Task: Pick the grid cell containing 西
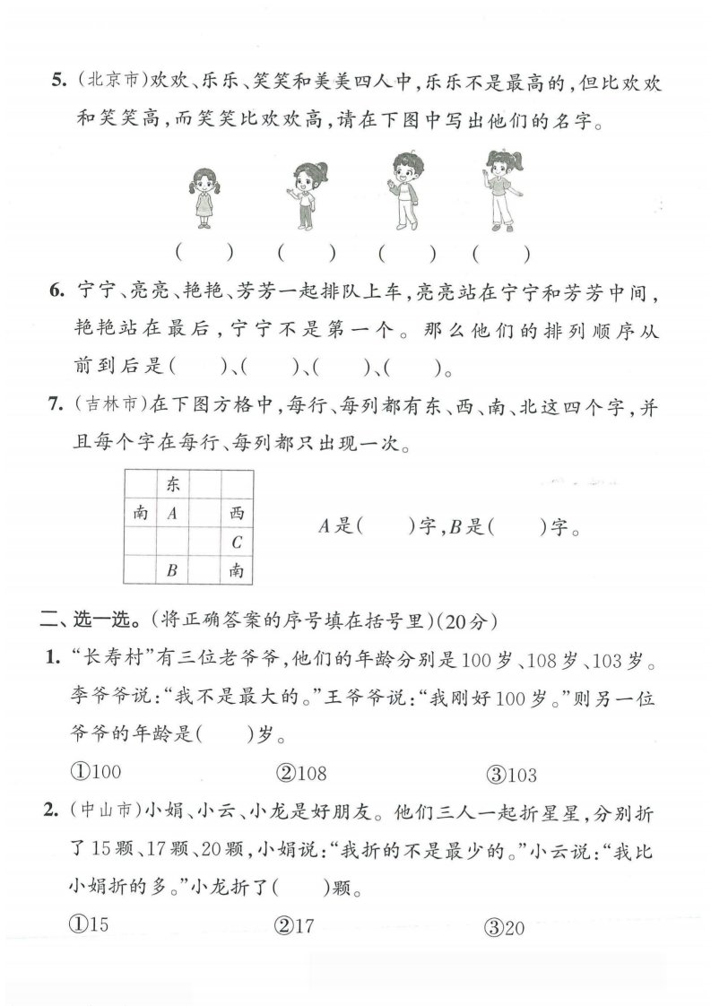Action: tap(237, 514)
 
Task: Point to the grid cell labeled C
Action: tap(237, 542)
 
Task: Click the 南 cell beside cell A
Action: tap(140, 514)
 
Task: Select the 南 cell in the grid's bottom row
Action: tap(237, 569)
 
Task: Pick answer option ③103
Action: tap(512, 774)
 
